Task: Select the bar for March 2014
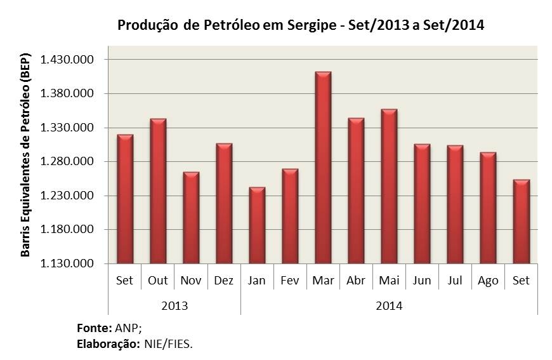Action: [x=323, y=168]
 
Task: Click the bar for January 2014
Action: [x=257, y=225]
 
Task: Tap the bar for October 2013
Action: [x=158, y=191]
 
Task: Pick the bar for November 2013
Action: [x=191, y=218]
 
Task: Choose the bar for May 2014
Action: [x=389, y=187]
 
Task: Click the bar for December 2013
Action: [x=224, y=203]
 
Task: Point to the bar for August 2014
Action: [x=488, y=208]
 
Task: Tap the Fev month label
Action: [x=290, y=281]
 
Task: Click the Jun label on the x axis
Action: [x=422, y=281]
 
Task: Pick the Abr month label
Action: [x=356, y=281]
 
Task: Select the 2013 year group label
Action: [x=174, y=305]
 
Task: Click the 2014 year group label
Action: [x=389, y=305]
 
